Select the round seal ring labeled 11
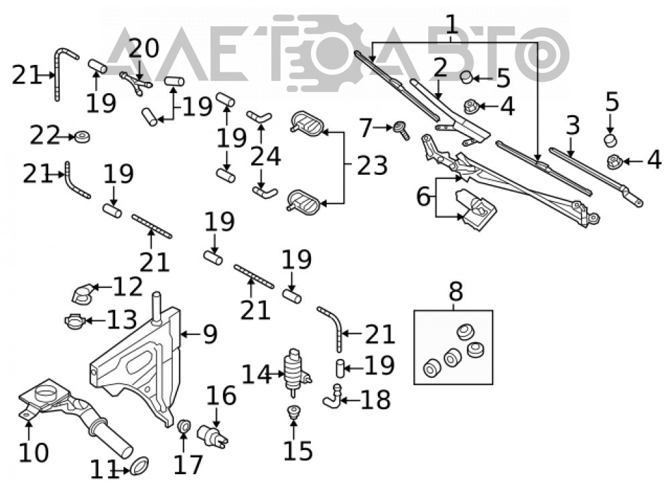[x=139, y=466]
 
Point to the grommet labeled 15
[x=293, y=413]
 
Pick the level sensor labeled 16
[x=212, y=435]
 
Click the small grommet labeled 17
[x=184, y=426]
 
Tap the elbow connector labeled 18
[x=332, y=397]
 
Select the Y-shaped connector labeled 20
[x=136, y=82]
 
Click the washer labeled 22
[x=82, y=137]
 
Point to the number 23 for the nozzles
[x=372, y=165]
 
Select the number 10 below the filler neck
[x=33, y=452]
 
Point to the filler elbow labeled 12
[x=82, y=293]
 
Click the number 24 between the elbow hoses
[x=265, y=156]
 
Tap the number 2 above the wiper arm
[x=440, y=68]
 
